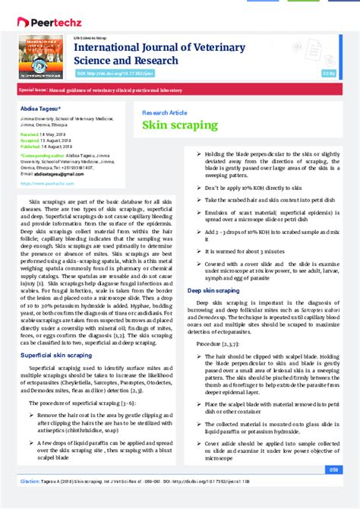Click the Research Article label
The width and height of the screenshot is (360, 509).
[x=165, y=112]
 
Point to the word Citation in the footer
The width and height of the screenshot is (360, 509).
[x=31, y=482]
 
